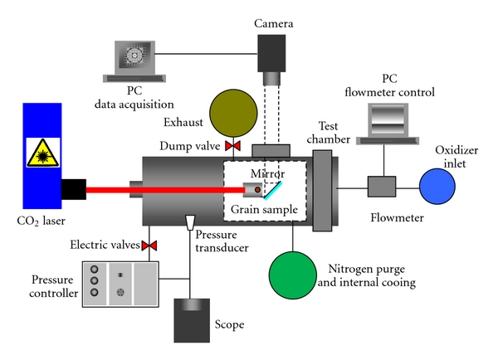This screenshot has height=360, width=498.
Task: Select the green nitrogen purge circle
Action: tap(294, 275)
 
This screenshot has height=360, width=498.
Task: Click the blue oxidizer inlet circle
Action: tap(437, 187)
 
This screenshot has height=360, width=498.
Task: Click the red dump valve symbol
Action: tap(233, 148)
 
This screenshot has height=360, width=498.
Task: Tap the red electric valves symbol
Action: tap(150, 246)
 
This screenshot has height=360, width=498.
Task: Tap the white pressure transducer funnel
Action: tap(191, 224)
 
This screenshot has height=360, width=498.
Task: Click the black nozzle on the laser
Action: tap(74, 190)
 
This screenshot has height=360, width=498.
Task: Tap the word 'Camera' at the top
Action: tap(275, 15)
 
